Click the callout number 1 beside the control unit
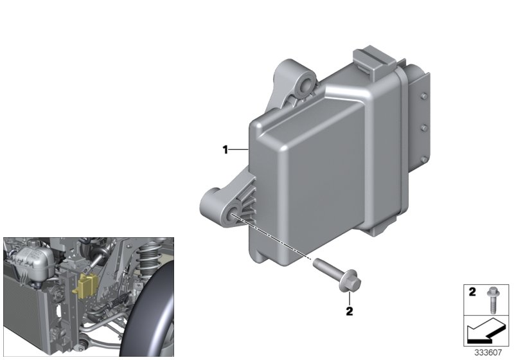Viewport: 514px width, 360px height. [226, 150]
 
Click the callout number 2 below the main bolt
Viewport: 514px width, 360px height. [350, 312]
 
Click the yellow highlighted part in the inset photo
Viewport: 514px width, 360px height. [84, 285]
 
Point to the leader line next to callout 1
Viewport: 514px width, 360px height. [239, 150]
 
